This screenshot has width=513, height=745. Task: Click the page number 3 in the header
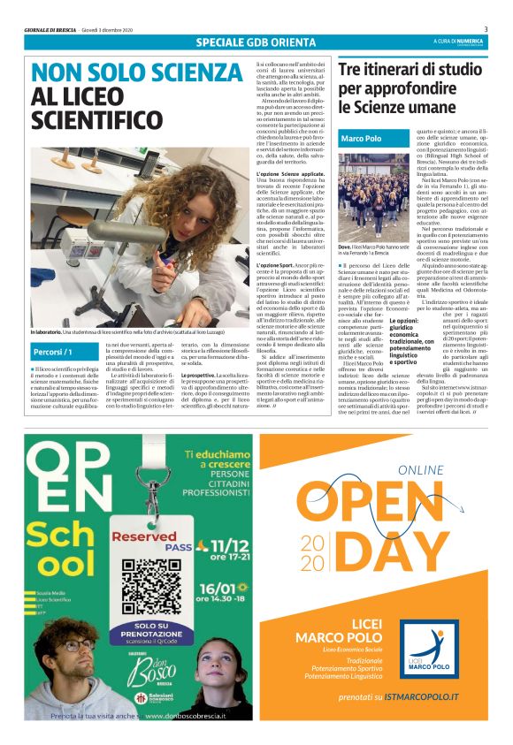[486, 29]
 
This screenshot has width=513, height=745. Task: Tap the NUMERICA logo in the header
[463, 42]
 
